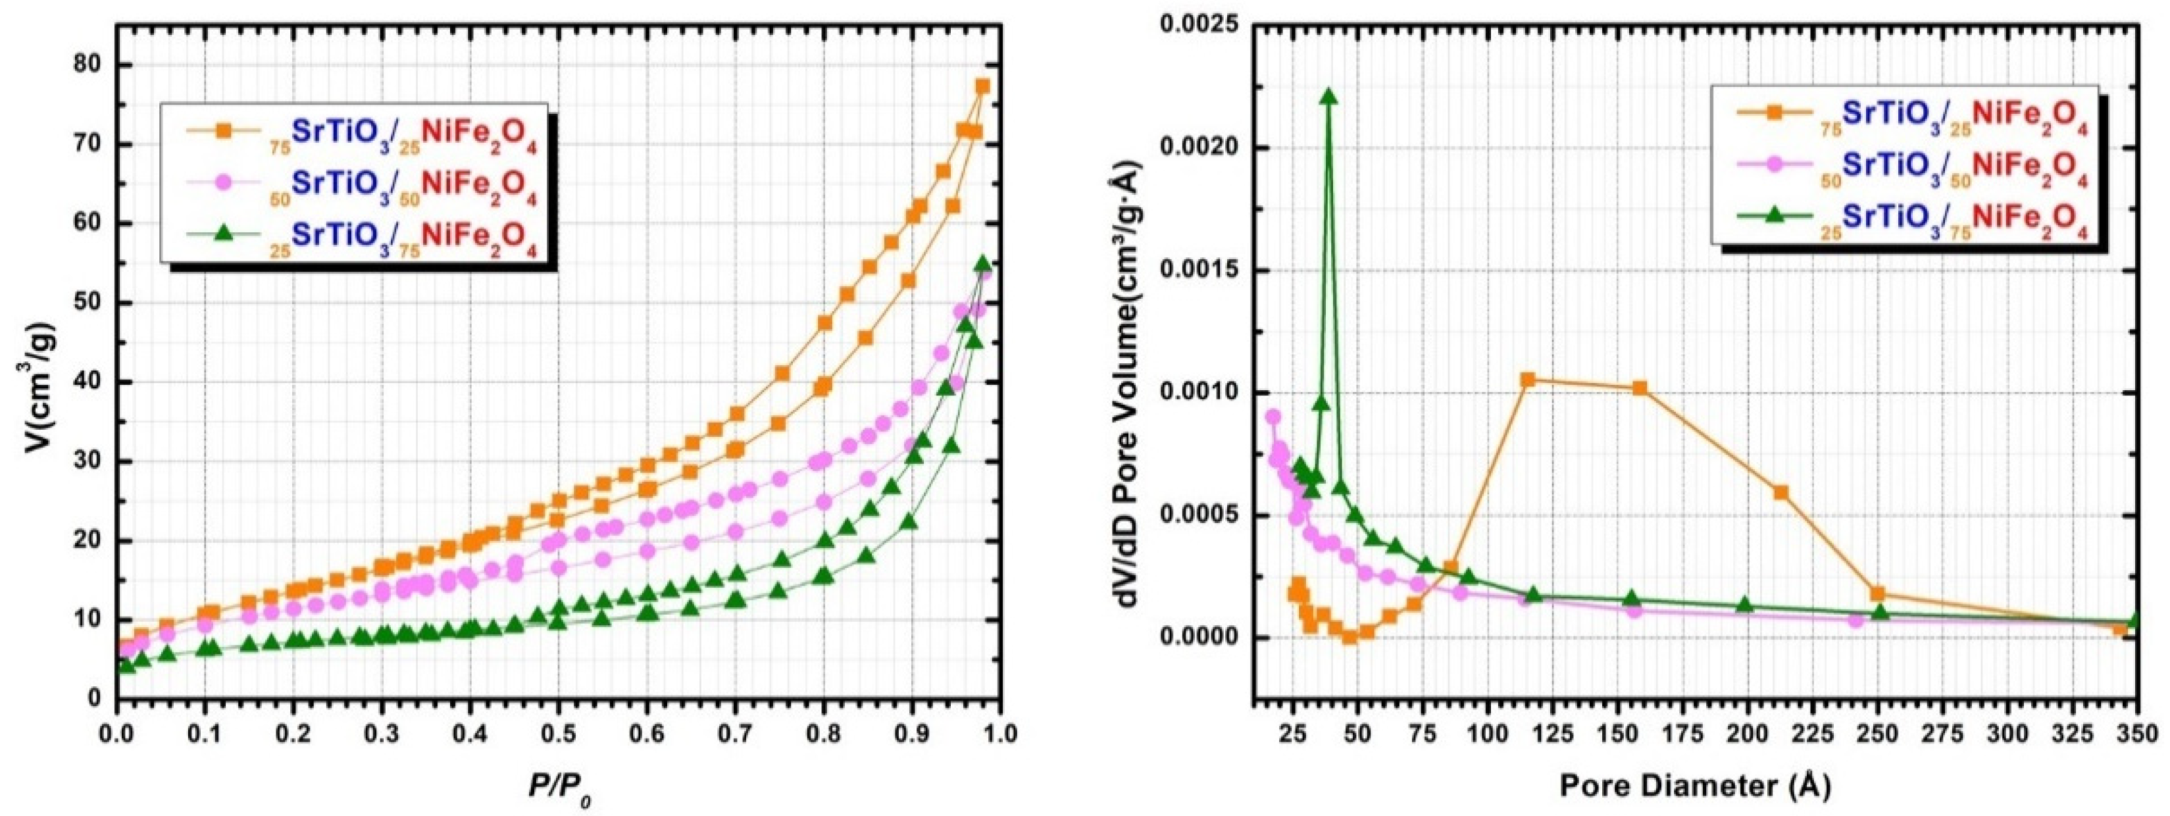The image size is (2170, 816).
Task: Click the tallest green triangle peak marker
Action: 1329,96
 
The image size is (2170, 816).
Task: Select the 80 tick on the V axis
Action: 88,65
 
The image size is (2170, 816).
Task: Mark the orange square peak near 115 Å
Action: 1527,380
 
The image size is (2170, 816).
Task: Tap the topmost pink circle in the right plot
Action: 1273,417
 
